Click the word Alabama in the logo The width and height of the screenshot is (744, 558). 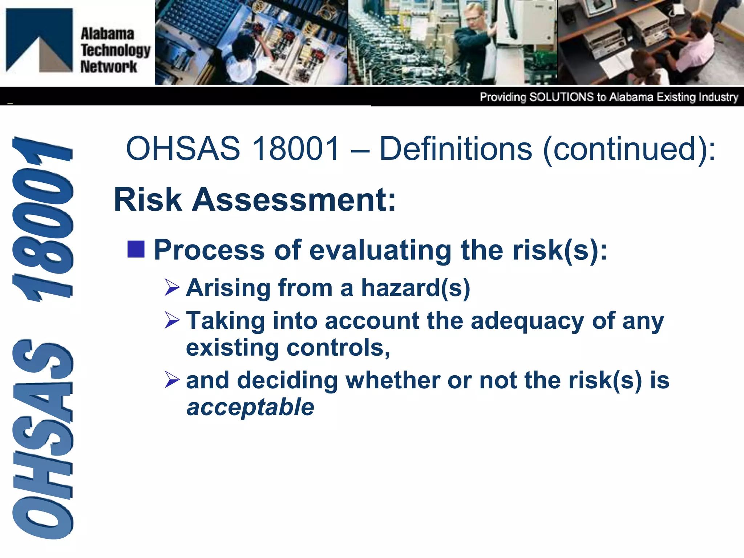(107, 34)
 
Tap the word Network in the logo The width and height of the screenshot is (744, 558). (108, 67)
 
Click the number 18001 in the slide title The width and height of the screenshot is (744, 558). (296, 149)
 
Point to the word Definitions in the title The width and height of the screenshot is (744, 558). (456, 149)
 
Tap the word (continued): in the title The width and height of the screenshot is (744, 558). (629, 149)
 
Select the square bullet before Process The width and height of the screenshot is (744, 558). (136, 249)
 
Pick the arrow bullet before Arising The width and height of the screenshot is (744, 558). (172, 287)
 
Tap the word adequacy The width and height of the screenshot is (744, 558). (527, 321)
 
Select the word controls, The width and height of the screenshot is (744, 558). (338, 348)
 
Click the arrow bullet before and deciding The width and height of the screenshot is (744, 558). (172, 380)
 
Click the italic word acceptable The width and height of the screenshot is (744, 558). (250, 407)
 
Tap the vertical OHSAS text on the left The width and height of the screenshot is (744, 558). (43, 438)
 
